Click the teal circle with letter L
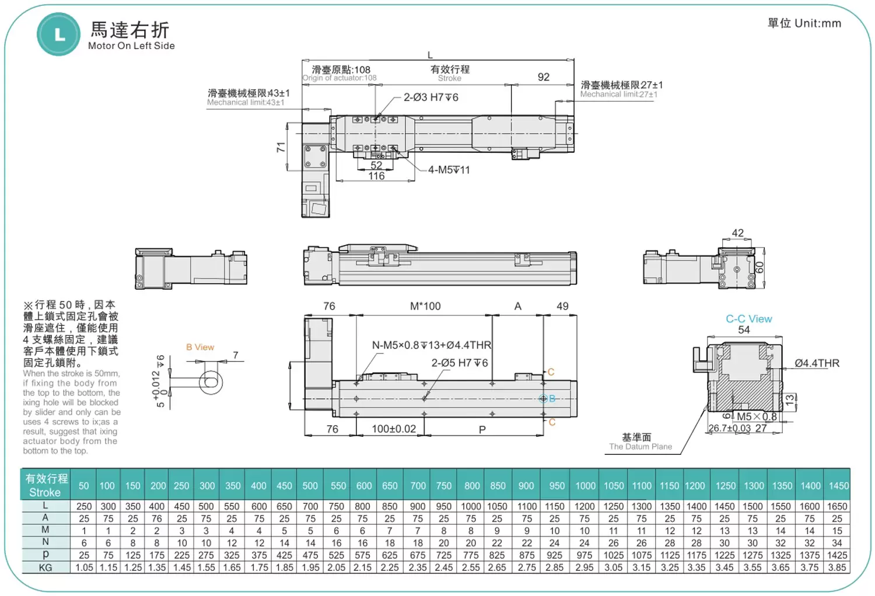coord(58,34)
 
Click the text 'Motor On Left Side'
coord(131,45)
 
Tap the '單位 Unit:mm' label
coord(804,23)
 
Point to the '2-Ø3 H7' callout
coord(430,97)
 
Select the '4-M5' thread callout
coord(449,170)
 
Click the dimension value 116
coord(376,176)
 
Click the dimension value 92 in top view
coord(543,77)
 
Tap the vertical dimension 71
coord(281,147)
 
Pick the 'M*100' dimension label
coord(425,306)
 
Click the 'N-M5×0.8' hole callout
coord(432,345)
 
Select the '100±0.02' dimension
coord(394,429)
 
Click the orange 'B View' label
coord(200,347)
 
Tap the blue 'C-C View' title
coord(748,319)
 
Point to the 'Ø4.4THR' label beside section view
coord(817,363)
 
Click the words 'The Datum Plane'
coord(640,447)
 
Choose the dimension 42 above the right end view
coord(737,233)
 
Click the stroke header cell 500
coord(310,486)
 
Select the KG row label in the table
coord(45,567)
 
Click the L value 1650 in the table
coord(836,506)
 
